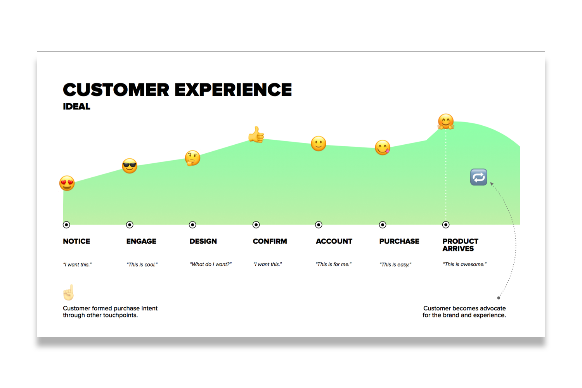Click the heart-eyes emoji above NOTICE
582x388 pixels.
[x=67, y=183]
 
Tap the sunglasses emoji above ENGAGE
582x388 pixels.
[x=130, y=166]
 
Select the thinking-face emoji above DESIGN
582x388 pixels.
[x=192, y=158]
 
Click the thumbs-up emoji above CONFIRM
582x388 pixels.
[x=256, y=135]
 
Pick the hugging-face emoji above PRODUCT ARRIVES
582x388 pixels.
[x=446, y=121]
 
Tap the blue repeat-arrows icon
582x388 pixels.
[x=478, y=177]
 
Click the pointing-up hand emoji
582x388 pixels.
[x=69, y=293]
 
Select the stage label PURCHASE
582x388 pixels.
[x=399, y=241]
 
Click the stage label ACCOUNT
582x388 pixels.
[x=334, y=241]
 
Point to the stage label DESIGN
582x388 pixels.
[x=203, y=241]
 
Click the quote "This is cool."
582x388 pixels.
[x=142, y=265]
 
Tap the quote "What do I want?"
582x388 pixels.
[x=210, y=264]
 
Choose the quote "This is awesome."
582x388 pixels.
[x=464, y=264]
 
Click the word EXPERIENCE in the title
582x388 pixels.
[x=233, y=90]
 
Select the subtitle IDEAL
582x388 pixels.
[x=76, y=107]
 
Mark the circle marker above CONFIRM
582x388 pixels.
[x=256, y=225]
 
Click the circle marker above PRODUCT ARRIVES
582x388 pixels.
[x=446, y=225]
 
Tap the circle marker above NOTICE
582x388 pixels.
[x=66, y=225]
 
